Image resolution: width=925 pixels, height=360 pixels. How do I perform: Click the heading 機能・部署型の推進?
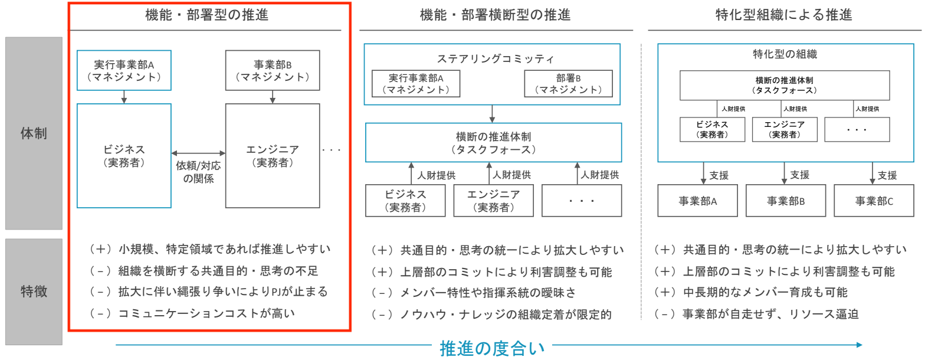click(206, 16)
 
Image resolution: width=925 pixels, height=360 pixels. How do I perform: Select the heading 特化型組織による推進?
click(783, 16)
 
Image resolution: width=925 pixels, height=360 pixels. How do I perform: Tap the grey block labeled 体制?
click(34, 133)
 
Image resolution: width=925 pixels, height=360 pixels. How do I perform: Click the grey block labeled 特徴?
click(34, 292)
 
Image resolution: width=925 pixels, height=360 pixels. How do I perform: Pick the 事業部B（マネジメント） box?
click(273, 70)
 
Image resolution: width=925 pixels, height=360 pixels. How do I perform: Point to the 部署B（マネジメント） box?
click(568, 84)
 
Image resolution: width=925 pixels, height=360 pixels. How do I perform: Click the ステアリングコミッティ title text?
click(495, 58)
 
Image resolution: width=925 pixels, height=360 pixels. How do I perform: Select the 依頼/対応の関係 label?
click(198, 171)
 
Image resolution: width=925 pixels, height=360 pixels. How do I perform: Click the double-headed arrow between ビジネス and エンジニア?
click(198, 153)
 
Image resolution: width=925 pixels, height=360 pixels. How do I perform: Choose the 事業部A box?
click(698, 201)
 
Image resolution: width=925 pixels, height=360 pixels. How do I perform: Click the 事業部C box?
click(874, 201)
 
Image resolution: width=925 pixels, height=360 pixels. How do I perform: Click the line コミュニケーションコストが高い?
click(206, 313)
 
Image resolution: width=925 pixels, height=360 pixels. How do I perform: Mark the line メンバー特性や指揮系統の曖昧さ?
click(488, 293)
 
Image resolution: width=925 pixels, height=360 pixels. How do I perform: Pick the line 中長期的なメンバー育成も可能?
click(765, 293)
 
